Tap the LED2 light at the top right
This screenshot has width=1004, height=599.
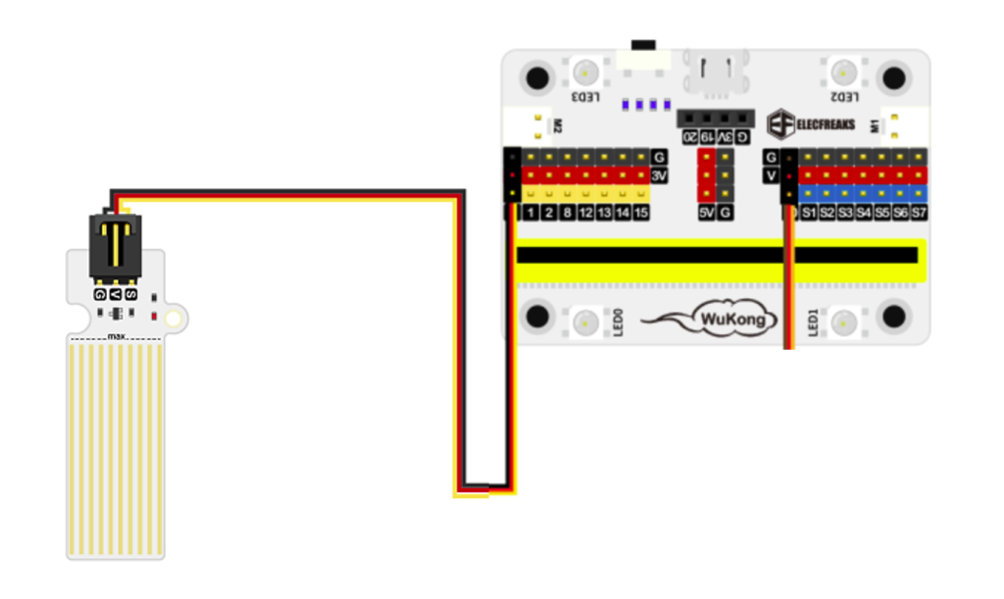pos(843,72)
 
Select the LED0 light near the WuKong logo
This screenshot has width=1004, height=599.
pos(586,321)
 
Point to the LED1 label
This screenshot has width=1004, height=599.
pos(813,323)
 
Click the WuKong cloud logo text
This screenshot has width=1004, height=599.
pos(737,319)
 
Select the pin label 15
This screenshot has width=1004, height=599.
pos(641,213)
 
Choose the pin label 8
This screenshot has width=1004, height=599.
pos(568,213)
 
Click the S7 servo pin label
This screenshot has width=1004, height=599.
pos(919,213)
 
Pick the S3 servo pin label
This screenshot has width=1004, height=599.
pos(845,213)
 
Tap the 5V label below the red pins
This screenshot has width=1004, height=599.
pos(705,213)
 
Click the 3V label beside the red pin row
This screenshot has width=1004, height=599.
pos(660,175)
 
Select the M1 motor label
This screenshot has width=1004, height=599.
pos(875,125)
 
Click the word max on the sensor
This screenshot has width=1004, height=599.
pos(118,336)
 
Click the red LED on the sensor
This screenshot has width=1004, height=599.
pos(155,316)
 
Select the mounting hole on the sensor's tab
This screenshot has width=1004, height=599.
pos(175,319)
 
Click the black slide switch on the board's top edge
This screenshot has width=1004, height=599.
pos(643,44)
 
